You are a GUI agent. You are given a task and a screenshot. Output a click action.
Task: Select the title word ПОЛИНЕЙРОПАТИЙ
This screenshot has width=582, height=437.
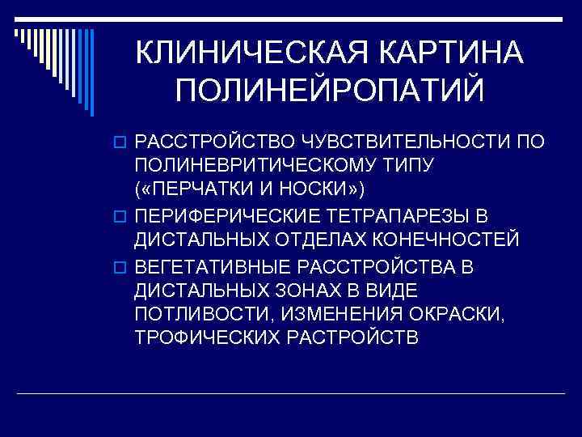tap(329, 90)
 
